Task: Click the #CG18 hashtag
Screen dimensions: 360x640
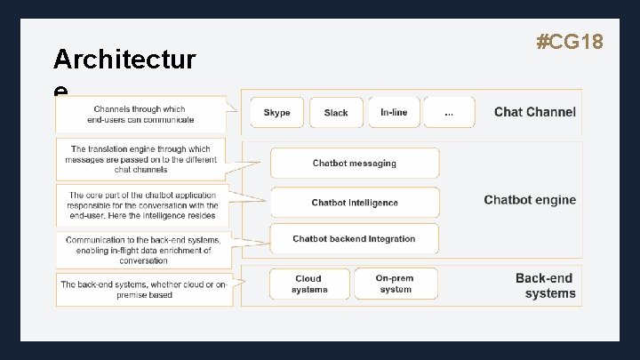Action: click(x=571, y=41)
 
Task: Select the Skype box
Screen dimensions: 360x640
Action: click(x=277, y=113)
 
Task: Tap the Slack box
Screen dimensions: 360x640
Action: click(x=336, y=113)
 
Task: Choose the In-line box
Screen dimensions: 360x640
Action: click(x=394, y=113)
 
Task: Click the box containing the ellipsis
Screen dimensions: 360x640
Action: click(x=449, y=113)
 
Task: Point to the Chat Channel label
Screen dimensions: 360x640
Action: click(x=534, y=112)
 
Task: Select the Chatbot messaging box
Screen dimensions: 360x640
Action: click(x=355, y=164)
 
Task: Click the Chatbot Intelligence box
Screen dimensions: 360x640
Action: click(x=355, y=203)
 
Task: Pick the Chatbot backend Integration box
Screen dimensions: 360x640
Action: click(x=355, y=239)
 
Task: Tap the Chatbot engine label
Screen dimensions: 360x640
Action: click(x=530, y=200)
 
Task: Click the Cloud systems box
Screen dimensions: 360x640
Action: click(x=308, y=284)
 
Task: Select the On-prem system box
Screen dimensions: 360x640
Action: click(x=395, y=284)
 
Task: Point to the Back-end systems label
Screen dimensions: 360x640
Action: click(x=545, y=285)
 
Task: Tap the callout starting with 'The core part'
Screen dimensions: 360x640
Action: click(x=142, y=205)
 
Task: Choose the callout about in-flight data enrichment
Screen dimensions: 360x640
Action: click(x=143, y=250)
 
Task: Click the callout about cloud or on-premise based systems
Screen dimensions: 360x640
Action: click(x=143, y=289)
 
